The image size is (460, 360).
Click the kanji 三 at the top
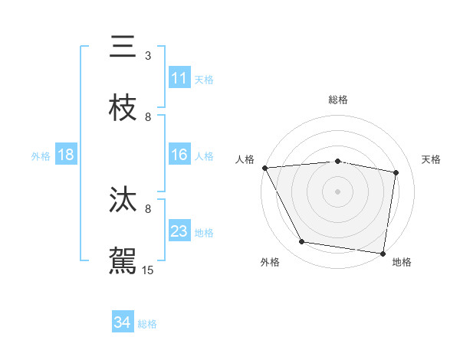point(123,47)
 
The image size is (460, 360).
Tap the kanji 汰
point(123,200)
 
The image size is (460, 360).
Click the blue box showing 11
point(179,78)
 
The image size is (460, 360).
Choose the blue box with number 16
point(179,155)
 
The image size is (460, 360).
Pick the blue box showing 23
point(179,231)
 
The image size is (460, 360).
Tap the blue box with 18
point(66,155)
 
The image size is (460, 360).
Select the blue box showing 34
point(123,322)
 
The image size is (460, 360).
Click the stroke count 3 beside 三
point(148,56)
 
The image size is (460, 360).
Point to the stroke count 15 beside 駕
point(148,270)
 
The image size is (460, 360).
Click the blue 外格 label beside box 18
point(41,155)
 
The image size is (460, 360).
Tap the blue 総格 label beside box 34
point(147,324)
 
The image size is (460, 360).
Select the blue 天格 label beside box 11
point(204,79)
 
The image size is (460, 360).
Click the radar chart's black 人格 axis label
point(245,159)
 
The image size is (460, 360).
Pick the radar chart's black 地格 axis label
point(402,262)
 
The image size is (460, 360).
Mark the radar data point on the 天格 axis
point(396,172)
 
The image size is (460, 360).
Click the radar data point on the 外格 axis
point(302,242)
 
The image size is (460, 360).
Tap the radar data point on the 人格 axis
point(264,168)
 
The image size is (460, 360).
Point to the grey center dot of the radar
point(338,191)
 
